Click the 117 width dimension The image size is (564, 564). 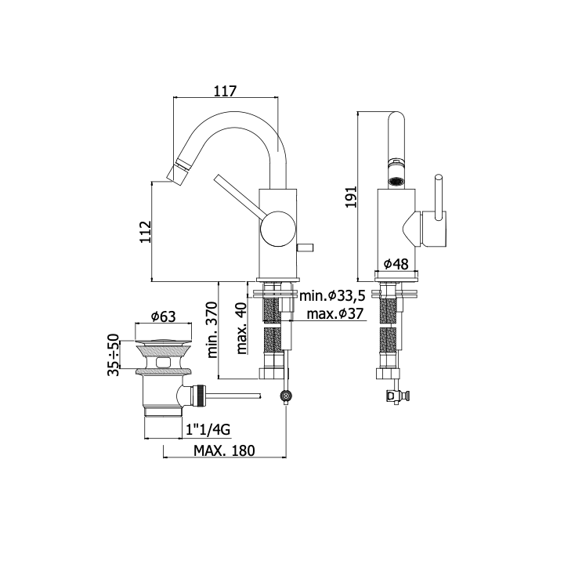coord(226,91)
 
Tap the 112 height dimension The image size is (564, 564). coord(146,232)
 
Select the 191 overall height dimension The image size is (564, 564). coord(350,197)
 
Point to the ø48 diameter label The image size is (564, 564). coord(396,264)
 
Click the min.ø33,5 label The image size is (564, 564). coord(332,295)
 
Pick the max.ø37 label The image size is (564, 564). coord(335,314)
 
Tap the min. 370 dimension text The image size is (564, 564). coord(212,330)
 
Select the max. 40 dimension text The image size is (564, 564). coord(242,328)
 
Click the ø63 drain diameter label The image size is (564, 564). coord(163,316)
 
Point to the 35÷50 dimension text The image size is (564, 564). coord(113,355)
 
